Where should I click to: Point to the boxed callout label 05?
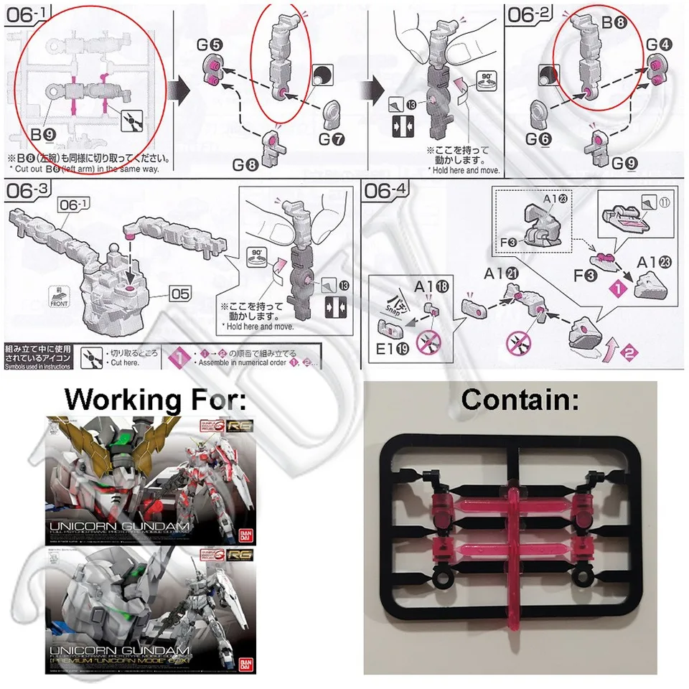[183, 293]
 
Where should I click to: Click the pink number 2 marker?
[629, 352]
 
